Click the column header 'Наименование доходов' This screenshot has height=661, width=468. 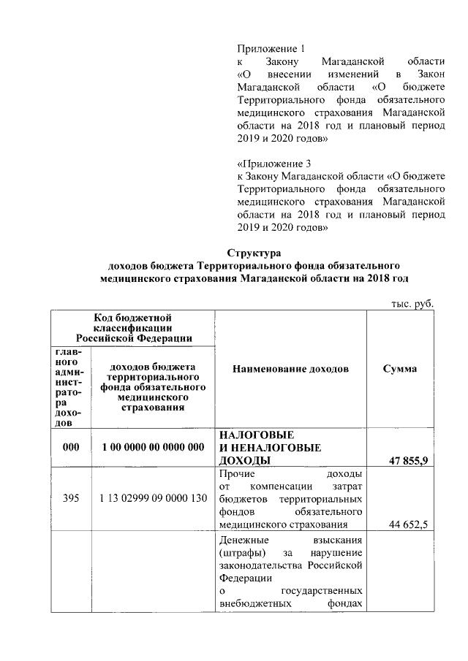[290, 369]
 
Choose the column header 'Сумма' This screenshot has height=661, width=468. [400, 369]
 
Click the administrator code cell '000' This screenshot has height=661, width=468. [70, 446]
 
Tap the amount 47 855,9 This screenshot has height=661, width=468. [409, 460]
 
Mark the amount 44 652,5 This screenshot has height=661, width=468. [409, 524]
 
